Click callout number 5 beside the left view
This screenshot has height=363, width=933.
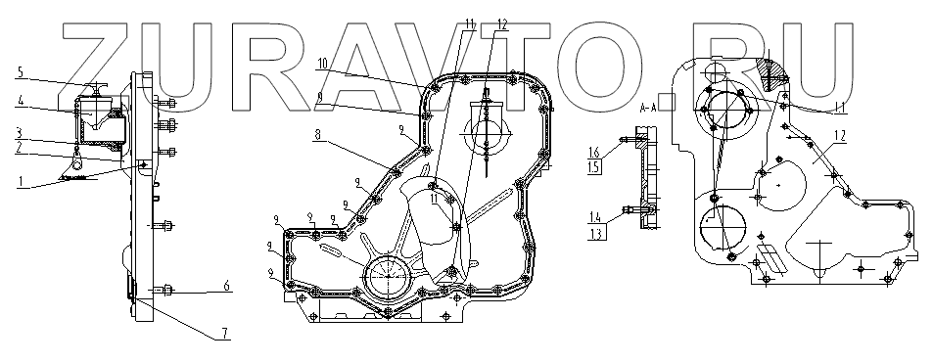21,72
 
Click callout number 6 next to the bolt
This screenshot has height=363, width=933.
226,286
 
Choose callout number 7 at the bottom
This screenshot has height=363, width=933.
224,334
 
